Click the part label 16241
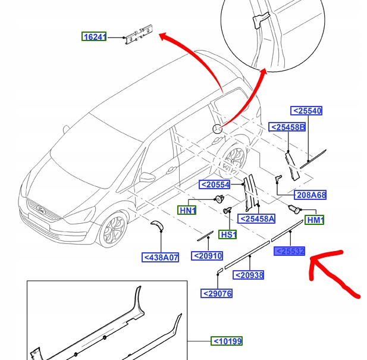click(x=94, y=37)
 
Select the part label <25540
click(x=306, y=111)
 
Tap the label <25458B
click(x=287, y=127)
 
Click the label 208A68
click(x=311, y=195)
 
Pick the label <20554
click(x=215, y=184)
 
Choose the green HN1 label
click(x=188, y=210)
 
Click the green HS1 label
click(x=228, y=234)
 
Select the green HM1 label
click(x=314, y=220)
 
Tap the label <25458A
click(x=257, y=218)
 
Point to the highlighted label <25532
click(x=290, y=252)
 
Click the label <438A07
click(x=160, y=258)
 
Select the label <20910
click(x=207, y=256)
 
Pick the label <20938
click(x=249, y=275)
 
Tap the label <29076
click(x=217, y=293)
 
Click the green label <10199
click(x=228, y=341)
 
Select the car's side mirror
click(x=146, y=178)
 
